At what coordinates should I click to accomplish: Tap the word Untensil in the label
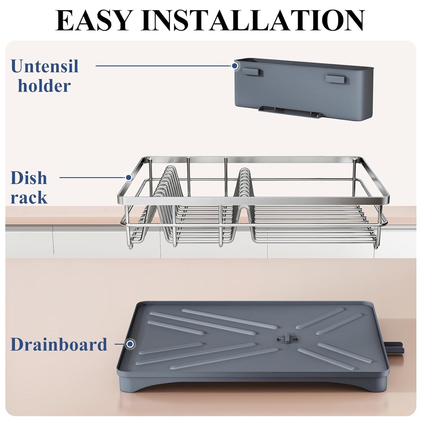pyautogui.click(x=44, y=66)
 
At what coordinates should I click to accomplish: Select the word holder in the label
pyautogui.click(x=44, y=86)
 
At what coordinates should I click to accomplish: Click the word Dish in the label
pyautogui.click(x=29, y=178)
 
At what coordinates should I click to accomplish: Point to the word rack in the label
pyautogui.click(x=29, y=197)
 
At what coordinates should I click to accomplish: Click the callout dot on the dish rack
pyautogui.click(x=129, y=178)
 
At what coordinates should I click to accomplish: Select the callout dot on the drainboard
pyautogui.click(x=130, y=344)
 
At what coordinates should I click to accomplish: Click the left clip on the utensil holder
pyautogui.click(x=251, y=72)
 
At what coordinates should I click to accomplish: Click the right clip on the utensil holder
pyautogui.click(x=335, y=79)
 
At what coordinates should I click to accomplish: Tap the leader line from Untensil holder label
pyautogui.click(x=163, y=66)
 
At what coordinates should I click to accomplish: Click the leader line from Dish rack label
pyautogui.click(x=93, y=178)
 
